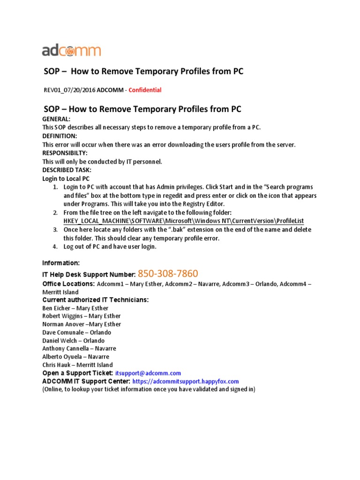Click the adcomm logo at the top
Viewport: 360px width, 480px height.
point(72,51)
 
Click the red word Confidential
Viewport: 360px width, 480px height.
point(145,90)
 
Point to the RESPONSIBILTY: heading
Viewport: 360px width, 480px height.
point(65,153)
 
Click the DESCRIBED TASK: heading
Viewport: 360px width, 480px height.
point(67,170)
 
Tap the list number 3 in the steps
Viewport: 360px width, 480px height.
point(55,230)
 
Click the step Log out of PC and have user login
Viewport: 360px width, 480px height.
point(110,247)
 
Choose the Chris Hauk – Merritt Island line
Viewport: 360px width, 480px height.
point(77,365)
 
